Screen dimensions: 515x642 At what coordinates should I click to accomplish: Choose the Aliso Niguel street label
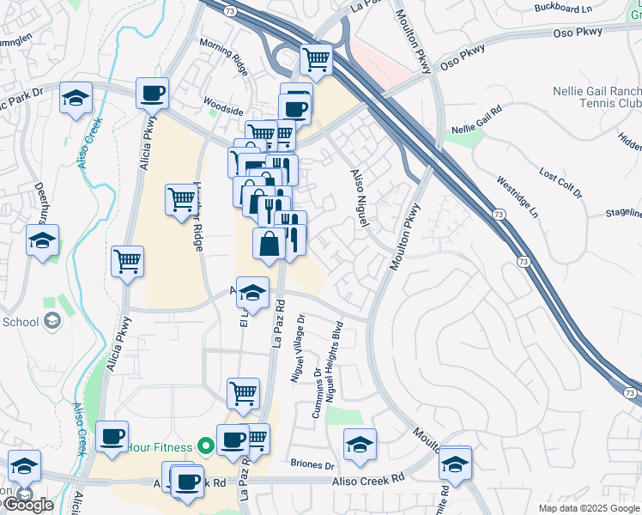(x=359, y=198)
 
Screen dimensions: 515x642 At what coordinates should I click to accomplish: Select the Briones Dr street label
(x=312, y=464)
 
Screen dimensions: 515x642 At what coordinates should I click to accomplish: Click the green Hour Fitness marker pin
(x=205, y=445)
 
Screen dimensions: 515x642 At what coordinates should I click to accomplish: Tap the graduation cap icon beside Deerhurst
(x=42, y=240)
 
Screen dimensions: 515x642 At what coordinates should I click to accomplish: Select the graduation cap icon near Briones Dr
(x=360, y=444)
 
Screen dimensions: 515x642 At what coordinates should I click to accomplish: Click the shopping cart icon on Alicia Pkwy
(x=127, y=260)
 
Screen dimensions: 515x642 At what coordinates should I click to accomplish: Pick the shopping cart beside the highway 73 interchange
(x=316, y=59)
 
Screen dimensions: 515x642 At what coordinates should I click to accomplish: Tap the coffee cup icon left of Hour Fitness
(x=112, y=436)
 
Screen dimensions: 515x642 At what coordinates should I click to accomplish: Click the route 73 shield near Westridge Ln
(x=500, y=214)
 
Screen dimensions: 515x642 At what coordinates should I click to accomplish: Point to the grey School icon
(x=51, y=321)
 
